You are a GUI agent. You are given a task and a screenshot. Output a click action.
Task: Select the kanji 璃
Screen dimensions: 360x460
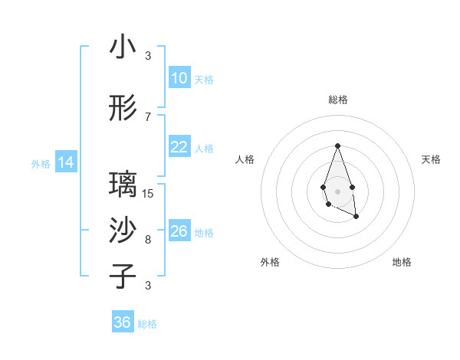click(123, 185)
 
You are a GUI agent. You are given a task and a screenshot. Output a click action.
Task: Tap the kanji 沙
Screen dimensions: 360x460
click(123, 231)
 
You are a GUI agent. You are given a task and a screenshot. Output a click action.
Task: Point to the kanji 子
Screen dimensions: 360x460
click(123, 277)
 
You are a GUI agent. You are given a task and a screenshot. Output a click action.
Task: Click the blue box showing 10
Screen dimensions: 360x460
click(179, 78)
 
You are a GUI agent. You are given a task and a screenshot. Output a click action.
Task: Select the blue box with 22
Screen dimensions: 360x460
click(179, 147)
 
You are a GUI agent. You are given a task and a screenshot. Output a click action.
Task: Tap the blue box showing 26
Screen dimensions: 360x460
click(179, 231)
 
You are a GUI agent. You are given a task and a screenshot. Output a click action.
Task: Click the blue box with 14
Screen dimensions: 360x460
click(66, 162)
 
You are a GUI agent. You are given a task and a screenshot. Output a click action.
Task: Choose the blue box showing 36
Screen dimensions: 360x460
click(123, 322)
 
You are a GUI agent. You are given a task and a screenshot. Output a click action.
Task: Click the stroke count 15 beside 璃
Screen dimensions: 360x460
click(148, 193)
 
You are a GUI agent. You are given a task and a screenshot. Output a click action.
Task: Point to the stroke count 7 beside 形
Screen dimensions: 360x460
click(148, 116)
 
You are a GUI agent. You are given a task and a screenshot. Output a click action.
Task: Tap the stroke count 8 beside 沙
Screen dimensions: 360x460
click(148, 240)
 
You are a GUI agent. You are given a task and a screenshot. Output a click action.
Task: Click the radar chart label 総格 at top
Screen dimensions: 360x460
click(337, 100)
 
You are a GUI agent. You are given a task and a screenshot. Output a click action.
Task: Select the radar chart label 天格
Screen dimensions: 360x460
click(431, 159)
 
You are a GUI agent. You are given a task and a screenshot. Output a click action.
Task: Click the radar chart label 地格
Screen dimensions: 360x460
click(402, 262)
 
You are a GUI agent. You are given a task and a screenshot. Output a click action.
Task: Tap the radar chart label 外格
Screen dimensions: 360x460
click(270, 262)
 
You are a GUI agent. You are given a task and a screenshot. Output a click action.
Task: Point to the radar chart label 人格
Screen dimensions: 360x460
click(245, 159)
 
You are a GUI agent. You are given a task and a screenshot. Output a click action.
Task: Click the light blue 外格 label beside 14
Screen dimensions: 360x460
click(40, 163)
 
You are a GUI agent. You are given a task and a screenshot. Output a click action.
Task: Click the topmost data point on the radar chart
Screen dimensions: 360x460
click(337, 146)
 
